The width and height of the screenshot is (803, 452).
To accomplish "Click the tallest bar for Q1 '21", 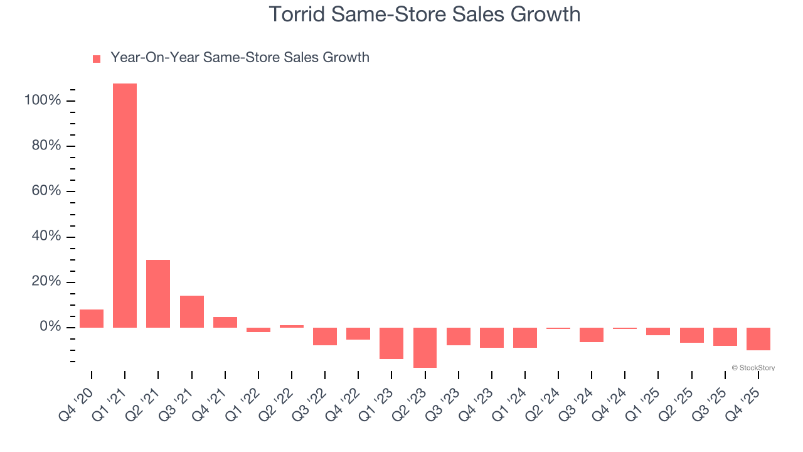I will tap(125, 205).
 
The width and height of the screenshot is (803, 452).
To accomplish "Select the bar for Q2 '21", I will tap(158, 293).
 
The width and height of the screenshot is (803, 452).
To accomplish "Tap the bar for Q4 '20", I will tap(92, 318).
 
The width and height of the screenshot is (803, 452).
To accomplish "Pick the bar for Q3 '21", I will tap(192, 311).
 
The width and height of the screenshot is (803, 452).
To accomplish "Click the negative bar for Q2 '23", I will tap(425, 347).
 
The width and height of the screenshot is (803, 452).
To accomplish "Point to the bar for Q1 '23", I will tap(391, 343).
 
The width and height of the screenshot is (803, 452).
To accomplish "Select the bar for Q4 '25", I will tap(758, 338).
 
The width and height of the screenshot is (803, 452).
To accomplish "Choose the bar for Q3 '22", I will tap(325, 336).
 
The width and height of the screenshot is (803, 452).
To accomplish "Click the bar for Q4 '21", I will tap(225, 322).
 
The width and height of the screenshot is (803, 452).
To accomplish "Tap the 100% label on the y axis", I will tap(42, 100).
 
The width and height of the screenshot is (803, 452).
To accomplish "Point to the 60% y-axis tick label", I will tap(45, 191).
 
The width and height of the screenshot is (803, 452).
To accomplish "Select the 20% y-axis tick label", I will tap(45, 281).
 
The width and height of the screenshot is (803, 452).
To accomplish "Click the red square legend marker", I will tap(97, 59).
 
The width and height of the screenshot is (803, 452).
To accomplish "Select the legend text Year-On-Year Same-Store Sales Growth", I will tap(240, 58).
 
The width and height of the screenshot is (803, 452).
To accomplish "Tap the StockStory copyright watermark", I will tap(753, 368).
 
